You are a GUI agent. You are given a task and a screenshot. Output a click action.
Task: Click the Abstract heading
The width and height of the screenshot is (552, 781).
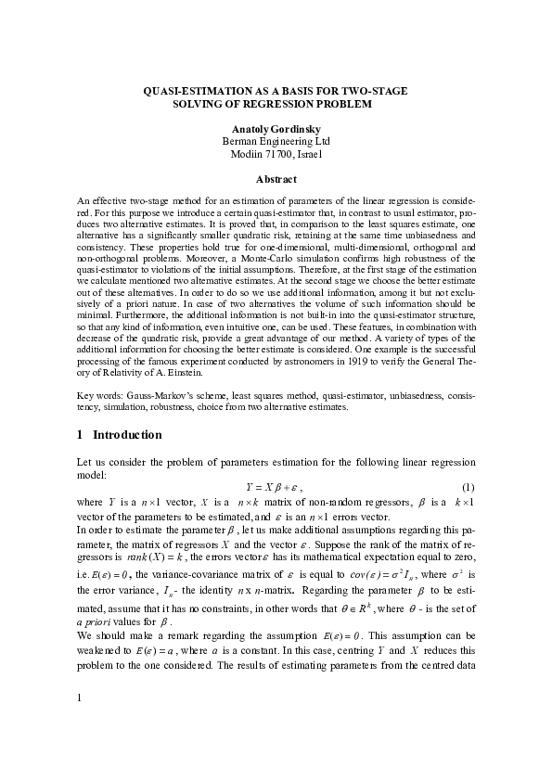click(x=276, y=179)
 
